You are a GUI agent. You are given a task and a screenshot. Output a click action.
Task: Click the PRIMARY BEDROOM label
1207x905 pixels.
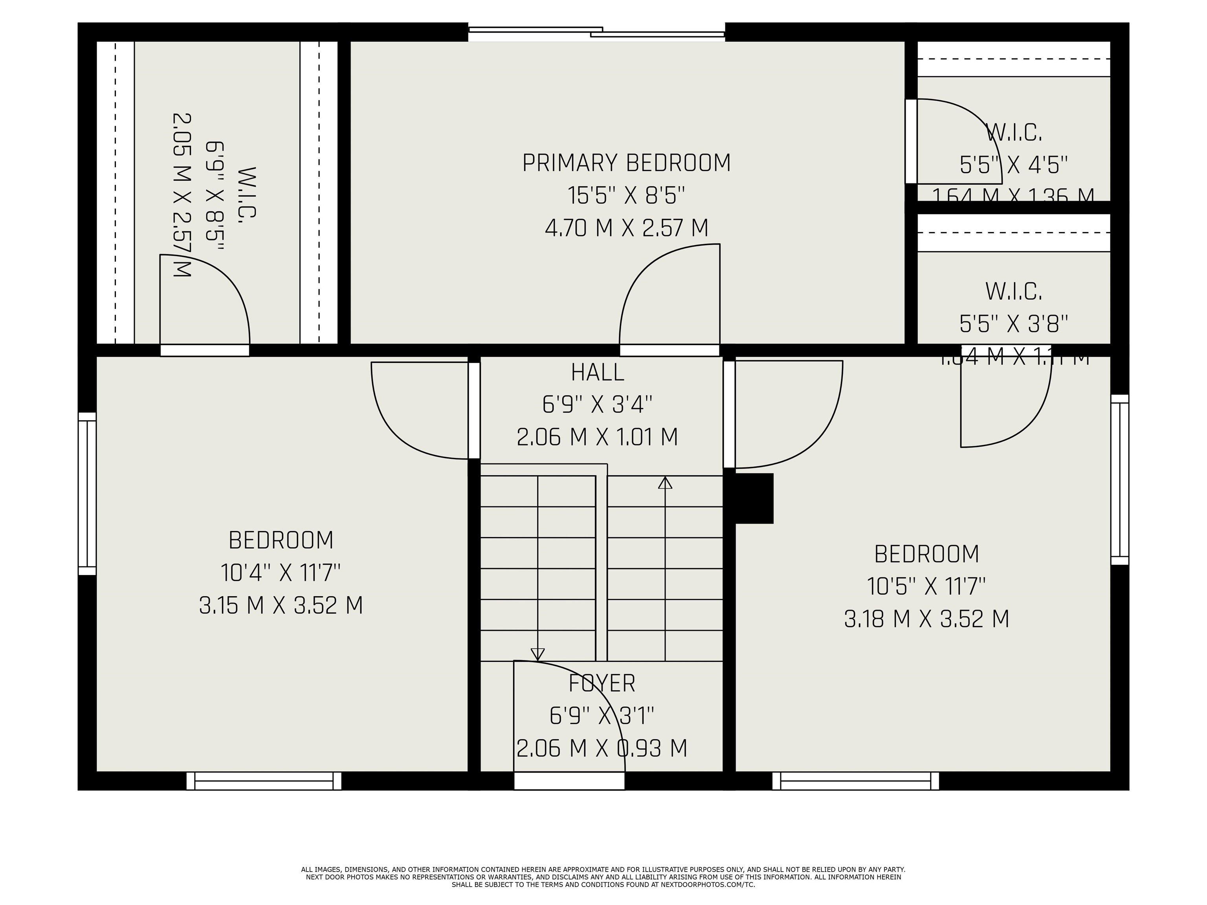pyautogui.click(x=626, y=163)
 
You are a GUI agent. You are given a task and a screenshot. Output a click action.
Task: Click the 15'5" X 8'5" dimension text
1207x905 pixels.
pyautogui.click(x=626, y=195)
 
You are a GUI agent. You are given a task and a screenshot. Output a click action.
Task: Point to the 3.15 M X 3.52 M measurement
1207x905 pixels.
pyautogui.click(x=281, y=605)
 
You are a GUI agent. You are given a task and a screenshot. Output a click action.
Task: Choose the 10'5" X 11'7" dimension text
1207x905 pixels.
pyautogui.click(x=926, y=586)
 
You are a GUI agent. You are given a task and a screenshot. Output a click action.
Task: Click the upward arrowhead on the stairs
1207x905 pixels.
pyautogui.click(x=665, y=483)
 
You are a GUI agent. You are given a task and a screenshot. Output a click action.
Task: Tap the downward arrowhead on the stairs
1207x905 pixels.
pyautogui.click(x=537, y=654)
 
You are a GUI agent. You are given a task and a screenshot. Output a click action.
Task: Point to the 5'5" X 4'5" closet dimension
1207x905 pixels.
pyautogui.click(x=1013, y=164)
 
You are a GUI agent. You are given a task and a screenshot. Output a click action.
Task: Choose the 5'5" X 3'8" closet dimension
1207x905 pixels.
pyautogui.click(x=1013, y=324)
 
